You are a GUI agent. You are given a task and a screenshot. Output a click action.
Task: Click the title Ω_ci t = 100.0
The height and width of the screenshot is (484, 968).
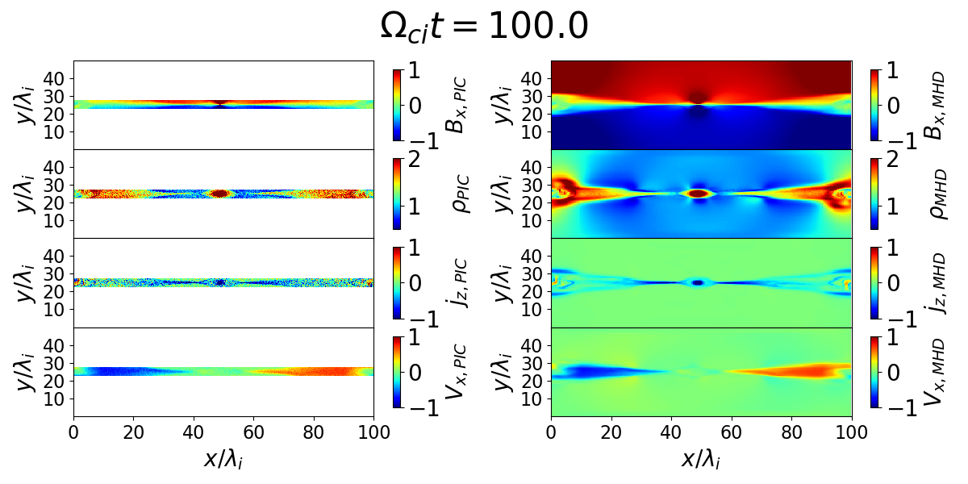point(484,27)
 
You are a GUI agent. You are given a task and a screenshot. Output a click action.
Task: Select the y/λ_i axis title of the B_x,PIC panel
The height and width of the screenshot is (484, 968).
point(26,105)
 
